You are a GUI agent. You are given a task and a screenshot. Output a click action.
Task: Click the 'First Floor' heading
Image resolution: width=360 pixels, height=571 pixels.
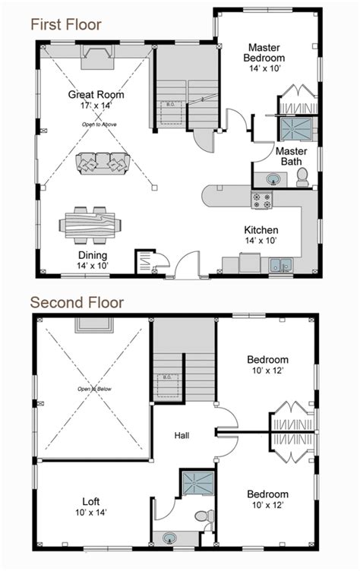pyautogui.click(x=65, y=24)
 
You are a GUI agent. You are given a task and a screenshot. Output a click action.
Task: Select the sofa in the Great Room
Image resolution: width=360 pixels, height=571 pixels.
pyautogui.click(x=103, y=162)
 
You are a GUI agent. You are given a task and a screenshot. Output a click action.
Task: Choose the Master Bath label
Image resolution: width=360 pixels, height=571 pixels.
pyautogui.click(x=290, y=156)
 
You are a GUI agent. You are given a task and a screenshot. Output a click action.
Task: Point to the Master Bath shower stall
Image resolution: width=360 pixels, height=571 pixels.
pyautogui.click(x=292, y=130)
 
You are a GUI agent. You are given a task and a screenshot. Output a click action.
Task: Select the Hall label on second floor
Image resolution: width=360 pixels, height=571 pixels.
pyautogui.click(x=181, y=436)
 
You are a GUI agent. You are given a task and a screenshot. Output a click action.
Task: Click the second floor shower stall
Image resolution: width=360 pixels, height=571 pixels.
pyautogui.click(x=190, y=483)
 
